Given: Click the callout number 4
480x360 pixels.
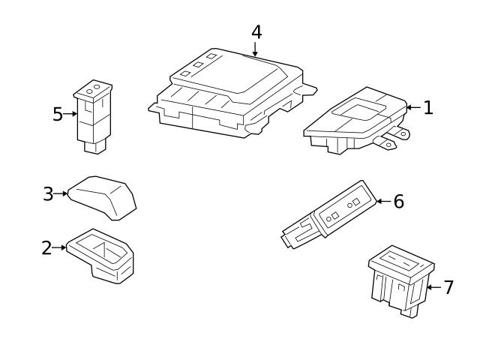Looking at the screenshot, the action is tap(256, 32).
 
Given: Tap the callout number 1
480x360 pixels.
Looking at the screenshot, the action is tap(428, 108).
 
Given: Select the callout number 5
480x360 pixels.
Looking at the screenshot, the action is tap(57, 114).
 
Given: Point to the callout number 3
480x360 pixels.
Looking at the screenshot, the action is tap(48, 194).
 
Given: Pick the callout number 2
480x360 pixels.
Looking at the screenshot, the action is tap(46, 248).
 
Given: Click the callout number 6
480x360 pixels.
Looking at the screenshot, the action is tap(398, 202).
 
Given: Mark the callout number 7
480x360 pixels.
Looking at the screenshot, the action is tap(448, 287).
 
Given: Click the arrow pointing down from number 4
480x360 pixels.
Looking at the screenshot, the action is tap(255, 49).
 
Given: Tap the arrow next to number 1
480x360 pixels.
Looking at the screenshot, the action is tap(413, 107).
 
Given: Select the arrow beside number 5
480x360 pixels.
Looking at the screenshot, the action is tap(70, 114).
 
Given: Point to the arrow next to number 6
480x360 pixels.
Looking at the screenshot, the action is tap(383, 201).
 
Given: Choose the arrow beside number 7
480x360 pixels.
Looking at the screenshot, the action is tap(433, 287).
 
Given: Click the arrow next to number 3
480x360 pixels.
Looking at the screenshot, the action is tap(60, 193).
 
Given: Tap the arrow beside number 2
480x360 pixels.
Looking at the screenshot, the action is tap(58, 247).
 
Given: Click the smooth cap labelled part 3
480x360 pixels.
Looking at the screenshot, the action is tap(102, 198).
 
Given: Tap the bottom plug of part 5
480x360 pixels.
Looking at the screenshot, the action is tap(95, 147).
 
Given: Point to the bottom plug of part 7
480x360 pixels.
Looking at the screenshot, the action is tap(409, 310).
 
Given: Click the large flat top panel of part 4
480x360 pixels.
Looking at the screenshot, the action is tap(229, 73).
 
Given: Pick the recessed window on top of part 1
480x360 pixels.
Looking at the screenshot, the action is tap(358, 109).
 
